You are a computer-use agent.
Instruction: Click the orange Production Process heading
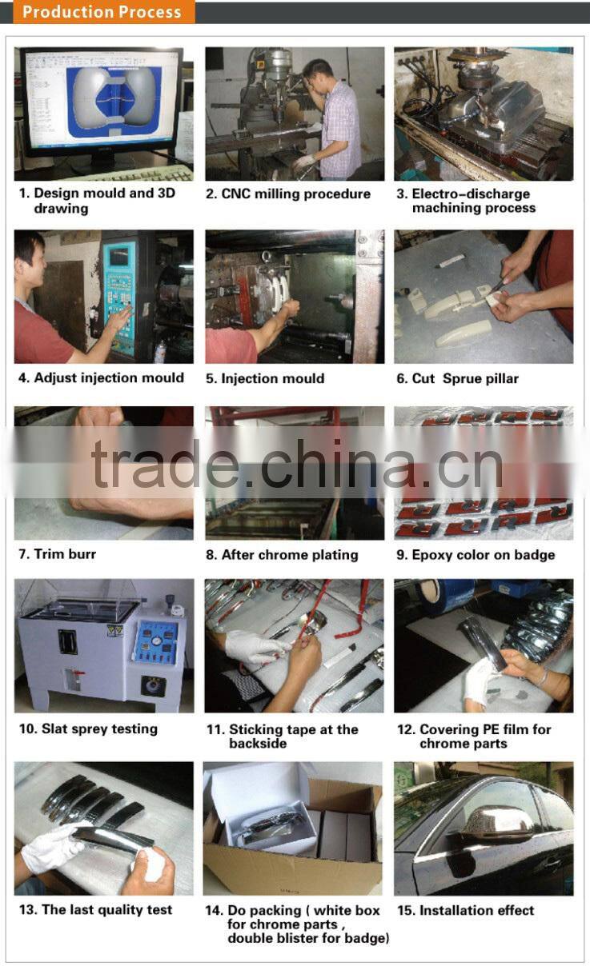(x=102, y=12)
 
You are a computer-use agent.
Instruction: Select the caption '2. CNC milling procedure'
(x=288, y=194)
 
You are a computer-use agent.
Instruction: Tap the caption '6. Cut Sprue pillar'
(x=457, y=378)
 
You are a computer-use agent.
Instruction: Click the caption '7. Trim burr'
(x=57, y=553)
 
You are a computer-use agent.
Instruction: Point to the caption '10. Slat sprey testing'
(x=88, y=728)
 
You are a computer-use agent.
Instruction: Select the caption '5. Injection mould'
(x=265, y=378)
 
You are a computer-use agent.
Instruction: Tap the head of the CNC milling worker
(x=317, y=73)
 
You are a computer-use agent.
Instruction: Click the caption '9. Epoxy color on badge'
(x=476, y=554)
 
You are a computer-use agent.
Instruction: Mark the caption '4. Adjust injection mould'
(x=101, y=377)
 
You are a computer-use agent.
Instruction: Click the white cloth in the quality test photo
(x=152, y=864)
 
